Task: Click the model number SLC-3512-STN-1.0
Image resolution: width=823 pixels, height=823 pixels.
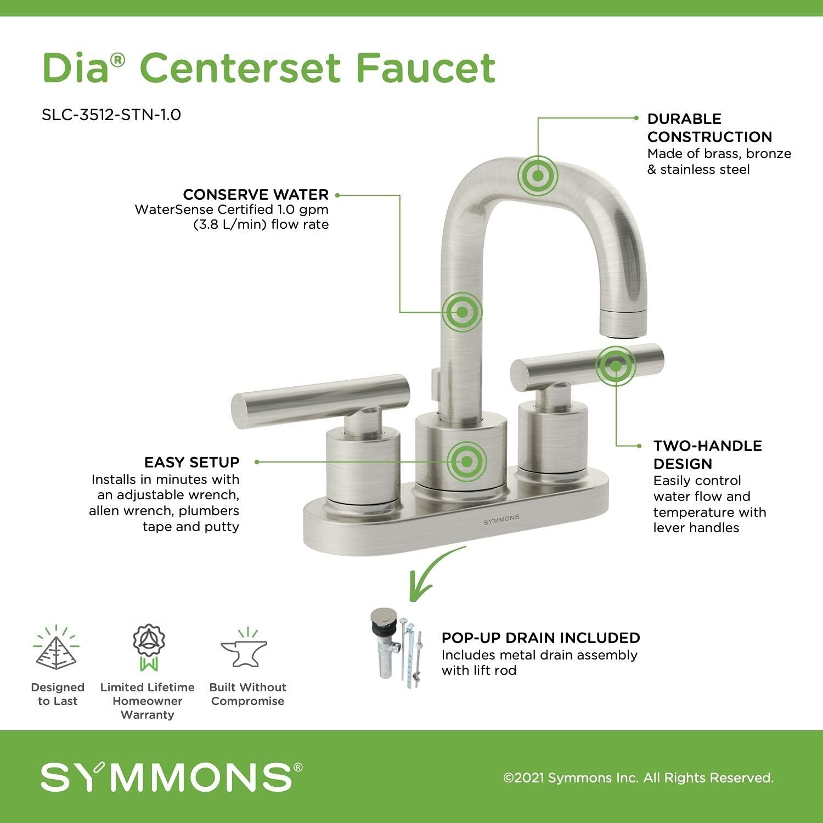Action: tap(111, 115)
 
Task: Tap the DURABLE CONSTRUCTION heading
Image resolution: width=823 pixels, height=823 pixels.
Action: tap(709, 128)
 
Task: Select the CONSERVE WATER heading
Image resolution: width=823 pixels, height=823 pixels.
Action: tap(256, 195)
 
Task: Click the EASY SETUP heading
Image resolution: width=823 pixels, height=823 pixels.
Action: tap(192, 462)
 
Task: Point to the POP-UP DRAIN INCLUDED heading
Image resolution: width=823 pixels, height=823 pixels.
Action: tap(540, 638)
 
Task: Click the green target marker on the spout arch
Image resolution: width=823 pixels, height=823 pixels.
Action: tap(538, 176)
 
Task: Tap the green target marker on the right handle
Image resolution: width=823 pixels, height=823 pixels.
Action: tap(616, 365)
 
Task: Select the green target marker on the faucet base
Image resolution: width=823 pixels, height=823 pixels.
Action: tap(466, 461)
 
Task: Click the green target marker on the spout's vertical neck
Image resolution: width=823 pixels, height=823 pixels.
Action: tap(462, 312)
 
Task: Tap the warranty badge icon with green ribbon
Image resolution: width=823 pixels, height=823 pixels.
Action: tap(149, 647)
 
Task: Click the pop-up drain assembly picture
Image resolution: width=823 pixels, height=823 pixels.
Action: tap(398, 647)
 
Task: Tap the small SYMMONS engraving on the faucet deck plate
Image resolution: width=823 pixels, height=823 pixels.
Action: tap(501, 519)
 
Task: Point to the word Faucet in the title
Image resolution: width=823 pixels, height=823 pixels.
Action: tap(425, 68)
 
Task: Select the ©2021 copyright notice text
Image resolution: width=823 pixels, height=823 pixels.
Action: tap(638, 777)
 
